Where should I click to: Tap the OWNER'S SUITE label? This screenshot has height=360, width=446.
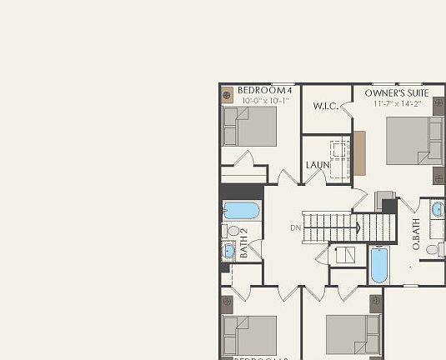396,93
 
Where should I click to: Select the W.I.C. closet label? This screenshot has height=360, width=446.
324,107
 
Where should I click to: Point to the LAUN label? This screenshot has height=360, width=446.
318,165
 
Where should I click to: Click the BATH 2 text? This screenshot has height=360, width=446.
244,242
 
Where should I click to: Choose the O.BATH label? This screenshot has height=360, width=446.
416,234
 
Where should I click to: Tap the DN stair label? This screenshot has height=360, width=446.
295,227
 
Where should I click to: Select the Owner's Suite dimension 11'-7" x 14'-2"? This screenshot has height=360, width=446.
396,104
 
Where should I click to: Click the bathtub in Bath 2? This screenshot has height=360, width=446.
242,211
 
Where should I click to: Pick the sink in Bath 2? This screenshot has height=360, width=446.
228,250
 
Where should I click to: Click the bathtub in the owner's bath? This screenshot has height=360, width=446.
378,265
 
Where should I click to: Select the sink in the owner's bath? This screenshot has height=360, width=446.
438,208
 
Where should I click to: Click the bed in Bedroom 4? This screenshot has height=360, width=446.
249,127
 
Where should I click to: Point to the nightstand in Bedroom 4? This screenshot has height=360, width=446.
228,94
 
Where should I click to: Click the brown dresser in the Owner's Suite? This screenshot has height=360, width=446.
359,152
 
